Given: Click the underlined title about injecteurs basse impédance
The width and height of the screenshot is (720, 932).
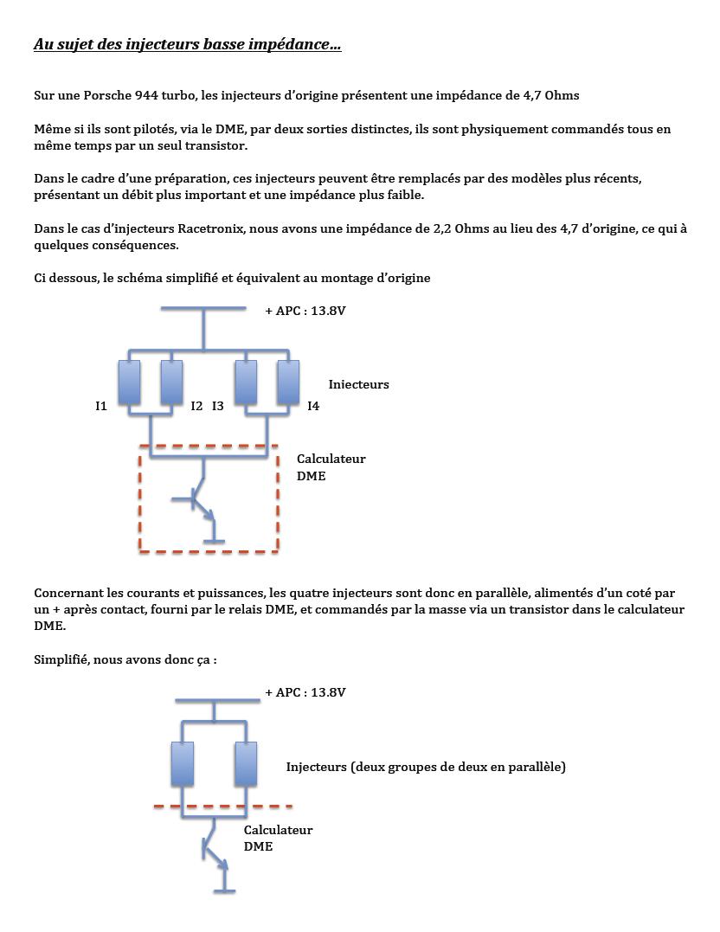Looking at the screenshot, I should (187, 44).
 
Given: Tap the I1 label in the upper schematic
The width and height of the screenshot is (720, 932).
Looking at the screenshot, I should (101, 406).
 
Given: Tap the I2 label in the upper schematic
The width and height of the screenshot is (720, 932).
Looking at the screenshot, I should (196, 406).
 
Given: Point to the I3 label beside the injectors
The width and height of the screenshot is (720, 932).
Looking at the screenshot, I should (218, 406).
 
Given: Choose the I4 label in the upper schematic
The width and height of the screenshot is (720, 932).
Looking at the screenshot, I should (313, 406).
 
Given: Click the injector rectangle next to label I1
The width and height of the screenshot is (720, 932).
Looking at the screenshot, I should (129, 382).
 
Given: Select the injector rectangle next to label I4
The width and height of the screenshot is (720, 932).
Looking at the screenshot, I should (288, 382).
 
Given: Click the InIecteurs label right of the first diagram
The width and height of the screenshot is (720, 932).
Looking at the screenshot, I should (358, 384).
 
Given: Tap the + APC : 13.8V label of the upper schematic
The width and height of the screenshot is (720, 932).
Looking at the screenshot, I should (305, 310).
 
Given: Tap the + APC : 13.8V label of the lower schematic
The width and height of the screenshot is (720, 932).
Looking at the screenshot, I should (305, 692).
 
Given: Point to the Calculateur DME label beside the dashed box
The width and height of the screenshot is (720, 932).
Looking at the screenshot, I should (331, 467).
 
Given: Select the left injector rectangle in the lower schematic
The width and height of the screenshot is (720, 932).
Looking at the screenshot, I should (183, 763).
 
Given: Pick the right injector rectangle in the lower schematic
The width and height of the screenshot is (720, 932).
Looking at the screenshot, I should (246, 763).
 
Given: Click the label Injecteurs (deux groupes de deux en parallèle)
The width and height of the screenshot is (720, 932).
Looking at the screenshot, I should (426, 767).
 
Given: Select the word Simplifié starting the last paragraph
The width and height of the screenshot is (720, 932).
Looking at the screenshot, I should (63, 659).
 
